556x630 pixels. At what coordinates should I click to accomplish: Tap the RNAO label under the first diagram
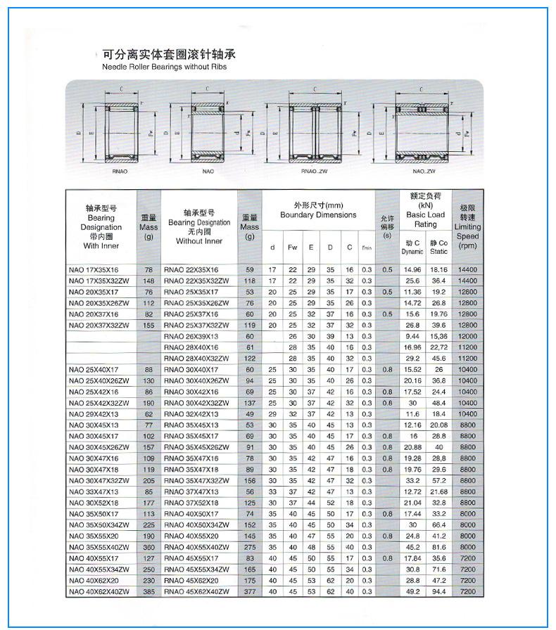120,171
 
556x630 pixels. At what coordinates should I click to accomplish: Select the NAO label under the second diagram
208,171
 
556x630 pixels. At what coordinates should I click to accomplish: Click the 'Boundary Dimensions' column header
318,214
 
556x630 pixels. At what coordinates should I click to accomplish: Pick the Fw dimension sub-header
292,247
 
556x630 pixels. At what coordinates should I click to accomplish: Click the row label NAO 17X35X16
94,269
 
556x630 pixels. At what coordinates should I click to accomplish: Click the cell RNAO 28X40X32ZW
196,359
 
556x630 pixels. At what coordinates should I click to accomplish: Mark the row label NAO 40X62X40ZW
99,592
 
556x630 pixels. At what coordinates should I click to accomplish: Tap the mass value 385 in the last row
149,592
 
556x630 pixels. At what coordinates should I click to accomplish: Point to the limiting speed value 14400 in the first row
467,269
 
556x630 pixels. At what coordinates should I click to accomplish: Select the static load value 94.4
438,592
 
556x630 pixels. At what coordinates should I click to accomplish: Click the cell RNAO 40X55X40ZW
196,547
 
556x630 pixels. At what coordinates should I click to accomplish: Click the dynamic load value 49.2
412,592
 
